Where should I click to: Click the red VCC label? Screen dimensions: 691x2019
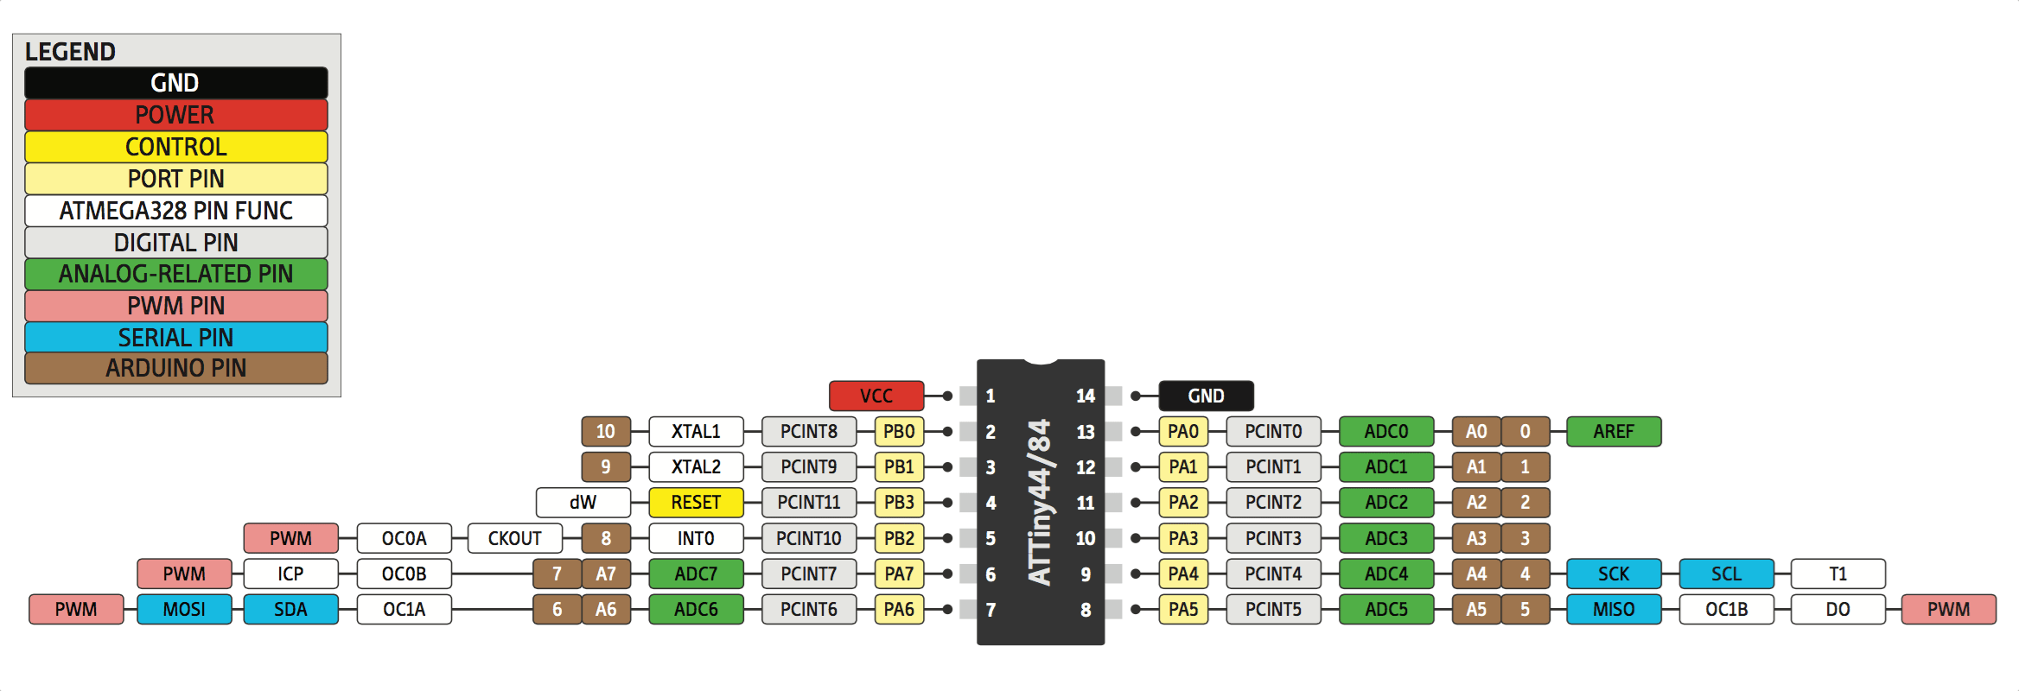(876, 396)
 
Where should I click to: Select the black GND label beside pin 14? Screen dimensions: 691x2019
(1206, 396)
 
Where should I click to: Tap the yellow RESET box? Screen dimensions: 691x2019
(696, 502)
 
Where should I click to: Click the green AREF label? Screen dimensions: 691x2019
(1614, 431)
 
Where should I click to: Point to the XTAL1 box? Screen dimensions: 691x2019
(696, 431)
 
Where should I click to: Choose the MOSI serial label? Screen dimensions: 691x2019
(184, 609)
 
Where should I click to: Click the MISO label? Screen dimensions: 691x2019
(1614, 609)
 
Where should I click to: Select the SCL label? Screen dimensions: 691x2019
(1726, 574)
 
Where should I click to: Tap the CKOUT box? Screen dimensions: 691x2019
(514, 538)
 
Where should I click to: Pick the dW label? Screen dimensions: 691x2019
(583, 502)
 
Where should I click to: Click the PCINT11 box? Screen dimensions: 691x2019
(808, 502)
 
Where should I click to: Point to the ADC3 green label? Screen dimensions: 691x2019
(1386, 538)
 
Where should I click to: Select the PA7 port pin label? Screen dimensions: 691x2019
(899, 574)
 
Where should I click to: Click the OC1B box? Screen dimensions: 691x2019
(1726, 609)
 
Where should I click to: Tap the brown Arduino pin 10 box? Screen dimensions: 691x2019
(605, 431)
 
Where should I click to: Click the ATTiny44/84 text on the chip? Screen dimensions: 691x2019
(1041, 501)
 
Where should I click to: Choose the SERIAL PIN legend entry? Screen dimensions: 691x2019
(175, 337)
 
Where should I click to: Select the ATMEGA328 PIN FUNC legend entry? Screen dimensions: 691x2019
(175, 211)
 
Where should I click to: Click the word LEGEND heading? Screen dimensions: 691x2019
(70, 52)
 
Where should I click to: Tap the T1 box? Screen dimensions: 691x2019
(1837, 574)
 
